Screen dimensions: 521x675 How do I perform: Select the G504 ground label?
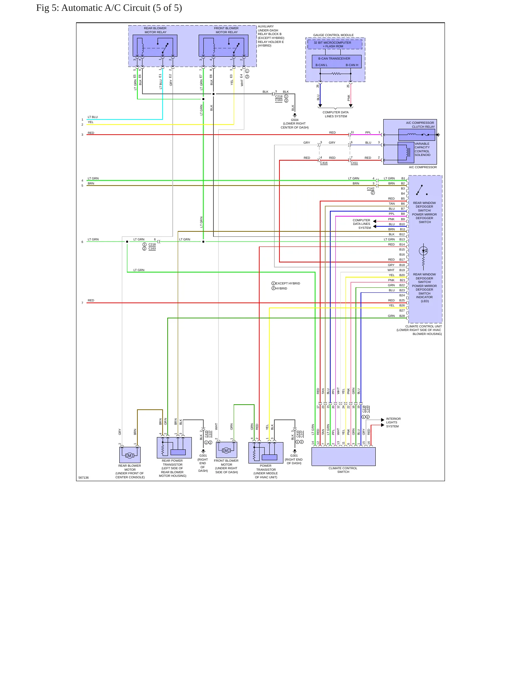coord(295,120)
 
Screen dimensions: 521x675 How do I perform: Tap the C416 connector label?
coord(324,163)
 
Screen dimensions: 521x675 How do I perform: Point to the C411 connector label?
coord(354,163)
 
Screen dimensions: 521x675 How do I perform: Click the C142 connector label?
coord(371,188)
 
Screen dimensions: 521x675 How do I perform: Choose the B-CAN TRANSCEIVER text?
coord(334,58)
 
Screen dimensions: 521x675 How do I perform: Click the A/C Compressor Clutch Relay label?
coord(420,125)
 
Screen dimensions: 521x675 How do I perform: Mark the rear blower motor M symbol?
coord(129,456)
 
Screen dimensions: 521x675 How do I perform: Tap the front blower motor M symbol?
coord(226,450)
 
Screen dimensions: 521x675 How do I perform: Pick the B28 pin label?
coord(402,316)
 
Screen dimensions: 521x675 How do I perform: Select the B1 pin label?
coord(403,178)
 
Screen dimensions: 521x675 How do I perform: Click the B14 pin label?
coord(402,244)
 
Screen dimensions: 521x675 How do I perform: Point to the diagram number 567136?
coord(84,478)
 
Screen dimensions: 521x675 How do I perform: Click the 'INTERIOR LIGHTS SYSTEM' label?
coord(393,423)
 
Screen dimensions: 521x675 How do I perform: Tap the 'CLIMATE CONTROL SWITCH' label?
coord(343,470)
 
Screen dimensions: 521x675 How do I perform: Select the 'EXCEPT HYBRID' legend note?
coord(288,283)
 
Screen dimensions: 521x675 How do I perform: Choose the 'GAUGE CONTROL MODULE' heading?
coord(334,35)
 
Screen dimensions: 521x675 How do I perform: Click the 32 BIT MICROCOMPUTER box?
coord(335,44)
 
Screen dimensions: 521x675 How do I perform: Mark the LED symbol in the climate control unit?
coord(424,251)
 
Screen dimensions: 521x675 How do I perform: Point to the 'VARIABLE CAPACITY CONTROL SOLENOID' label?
coord(423,149)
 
